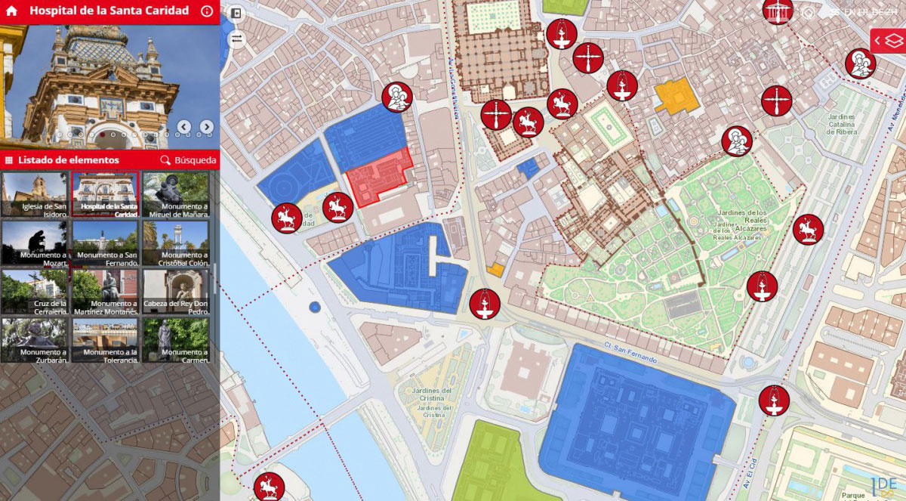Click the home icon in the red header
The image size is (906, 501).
click(11, 11)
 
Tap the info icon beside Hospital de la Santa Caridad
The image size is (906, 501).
click(207, 11)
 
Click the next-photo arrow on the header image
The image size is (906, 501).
click(206, 127)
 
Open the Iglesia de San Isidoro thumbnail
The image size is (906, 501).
click(35, 195)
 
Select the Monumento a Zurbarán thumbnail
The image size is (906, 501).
click(35, 340)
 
